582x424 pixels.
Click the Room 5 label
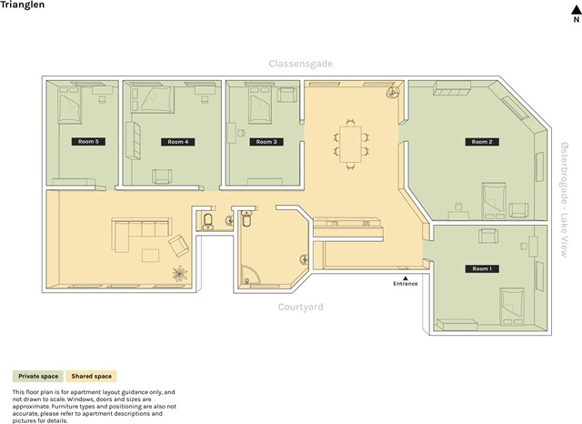(88, 141)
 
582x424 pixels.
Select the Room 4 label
(178, 142)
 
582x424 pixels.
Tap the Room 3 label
(266, 142)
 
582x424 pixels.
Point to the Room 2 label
(482, 142)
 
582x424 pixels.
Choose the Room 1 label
(482, 268)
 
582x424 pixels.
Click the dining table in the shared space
(350, 145)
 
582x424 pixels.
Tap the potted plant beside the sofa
(180, 273)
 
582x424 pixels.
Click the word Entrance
(406, 284)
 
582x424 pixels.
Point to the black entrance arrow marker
(406, 278)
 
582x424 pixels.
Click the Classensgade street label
(301, 64)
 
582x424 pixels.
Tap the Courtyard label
(301, 307)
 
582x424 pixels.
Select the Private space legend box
(38, 376)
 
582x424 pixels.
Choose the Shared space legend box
(91, 376)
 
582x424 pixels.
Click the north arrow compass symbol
(576, 14)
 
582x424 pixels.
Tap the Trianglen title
(22, 5)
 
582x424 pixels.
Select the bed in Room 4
(157, 99)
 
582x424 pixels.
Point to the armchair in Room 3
(287, 95)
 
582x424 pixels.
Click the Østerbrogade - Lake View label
(564, 199)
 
